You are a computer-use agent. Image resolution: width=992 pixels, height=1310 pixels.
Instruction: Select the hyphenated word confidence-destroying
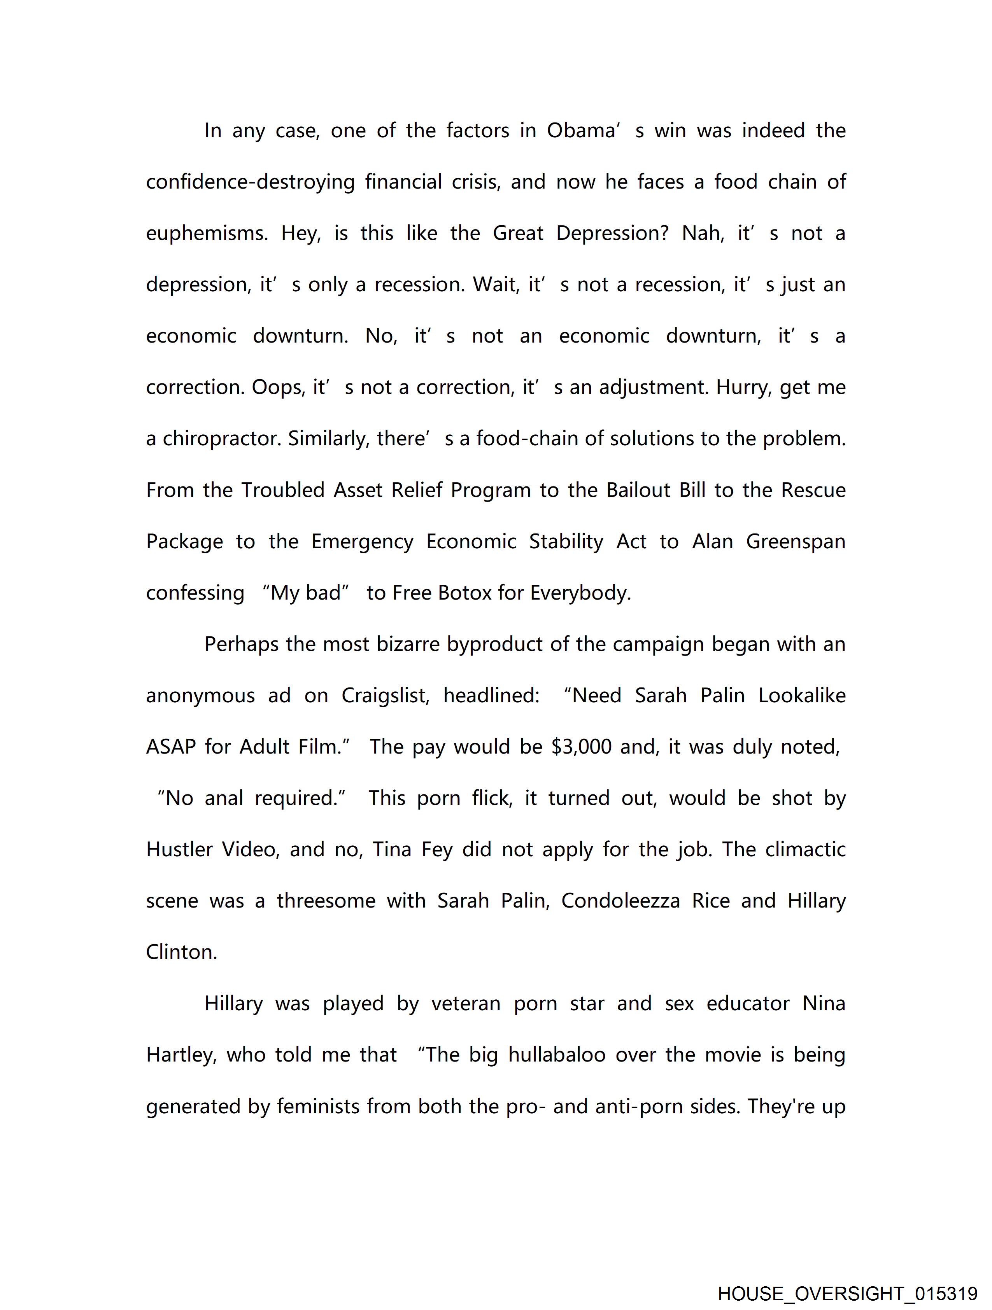250,182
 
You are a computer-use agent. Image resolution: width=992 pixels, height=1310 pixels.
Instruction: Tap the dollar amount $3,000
581,747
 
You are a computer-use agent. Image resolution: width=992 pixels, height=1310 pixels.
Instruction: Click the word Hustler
179,850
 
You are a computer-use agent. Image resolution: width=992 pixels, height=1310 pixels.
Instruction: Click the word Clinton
181,952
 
